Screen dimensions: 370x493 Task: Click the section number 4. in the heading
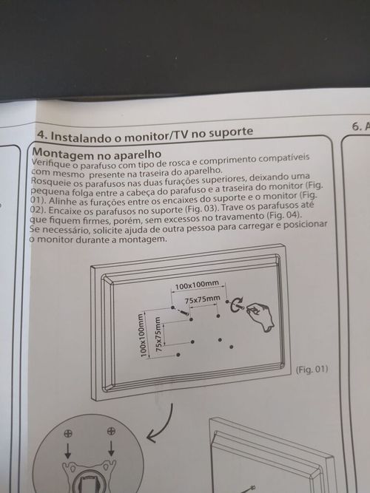[43, 135]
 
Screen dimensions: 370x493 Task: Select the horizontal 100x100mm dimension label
[197, 285]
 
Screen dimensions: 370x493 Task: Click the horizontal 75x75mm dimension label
[202, 300]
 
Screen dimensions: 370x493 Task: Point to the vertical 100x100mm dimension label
[143, 335]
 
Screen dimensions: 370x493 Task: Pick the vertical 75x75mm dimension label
[158, 334]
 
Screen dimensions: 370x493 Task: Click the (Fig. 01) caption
[312, 369]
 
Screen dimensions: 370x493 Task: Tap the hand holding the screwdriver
[260, 316]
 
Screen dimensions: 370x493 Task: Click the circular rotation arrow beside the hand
[235, 305]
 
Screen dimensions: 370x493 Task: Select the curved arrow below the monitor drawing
[161, 424]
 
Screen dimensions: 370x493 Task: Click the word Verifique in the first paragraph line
[50, 164]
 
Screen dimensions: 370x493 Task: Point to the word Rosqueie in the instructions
[50, 183]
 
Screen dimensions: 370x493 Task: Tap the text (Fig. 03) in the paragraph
[201, 208]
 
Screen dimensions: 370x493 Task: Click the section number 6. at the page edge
[357, 126]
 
